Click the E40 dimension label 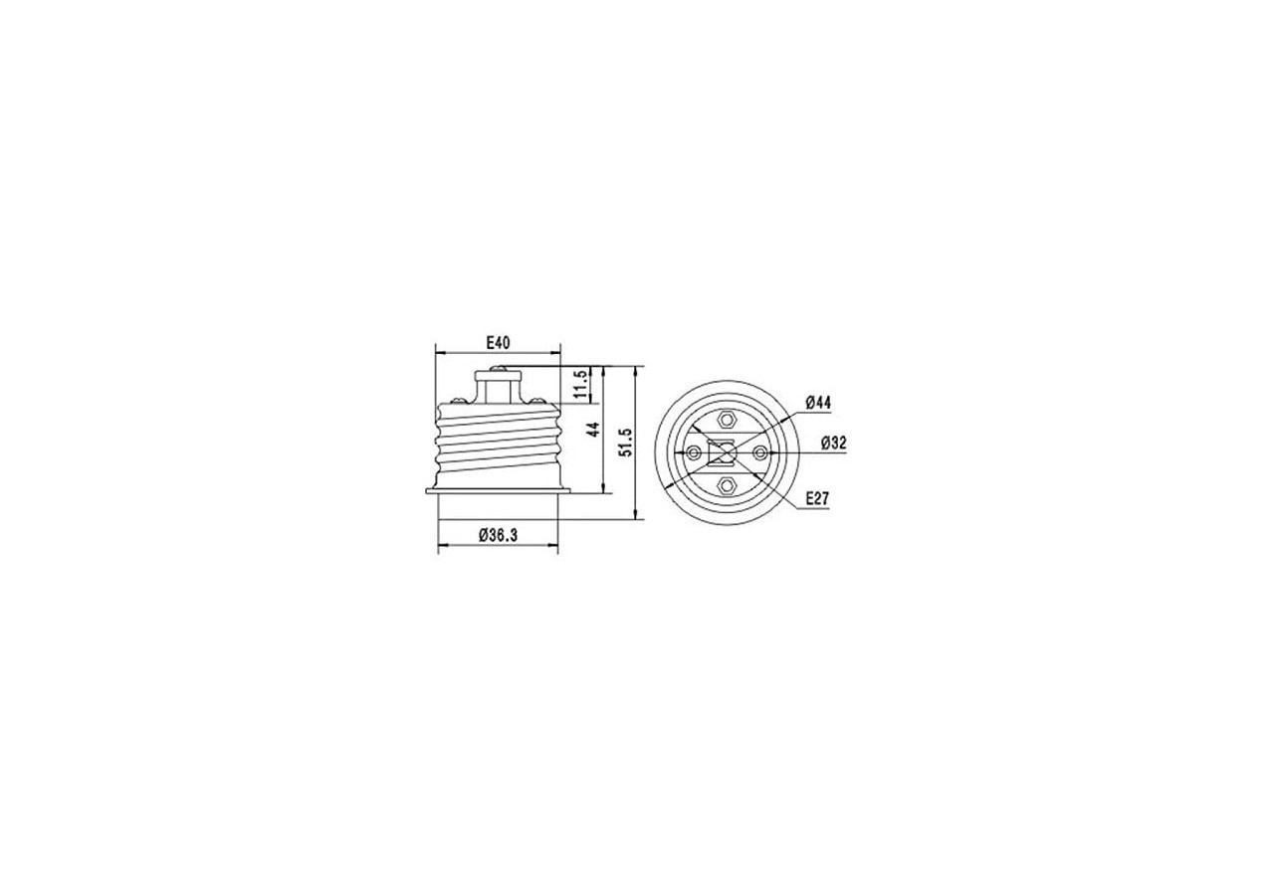[x=498, y=343]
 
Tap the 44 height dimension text [x=593, y=431]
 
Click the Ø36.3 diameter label [x=498, y=535]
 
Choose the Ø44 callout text [x=818, y=403]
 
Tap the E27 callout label [x=817, y=498]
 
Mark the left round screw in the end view [x=694, y=453]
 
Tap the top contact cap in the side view [x=498, y=374]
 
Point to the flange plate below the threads [x=498, y=490]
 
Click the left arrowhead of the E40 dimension [x=441, y=353]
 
